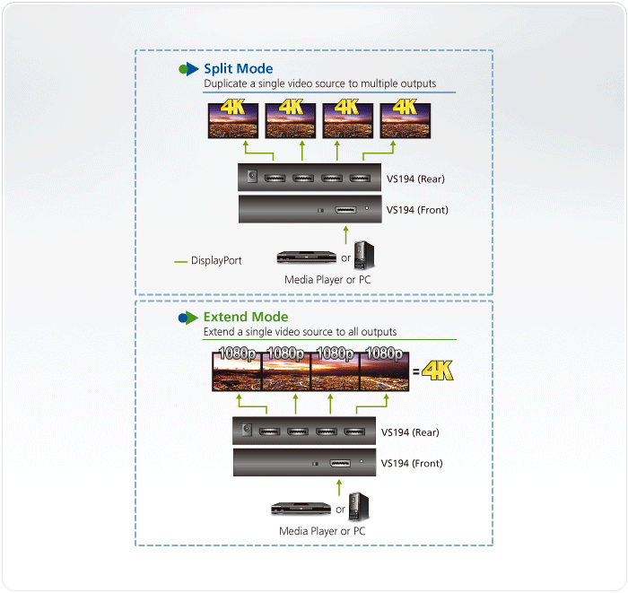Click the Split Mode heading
[238, 68]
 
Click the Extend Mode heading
[245, 317]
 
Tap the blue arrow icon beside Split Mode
[188, 69]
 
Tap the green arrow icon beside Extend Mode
[188, 318]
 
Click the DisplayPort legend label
[216, 261]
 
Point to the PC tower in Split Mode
[364, 255]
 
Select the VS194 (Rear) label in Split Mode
[415, 179]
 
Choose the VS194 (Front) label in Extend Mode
[410, 464]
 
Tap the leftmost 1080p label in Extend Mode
[235, 353]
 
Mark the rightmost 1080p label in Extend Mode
[384, 353]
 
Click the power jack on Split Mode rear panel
[252, 178]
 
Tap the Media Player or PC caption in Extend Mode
[322, 531]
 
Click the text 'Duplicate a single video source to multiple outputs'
[320, 83]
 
